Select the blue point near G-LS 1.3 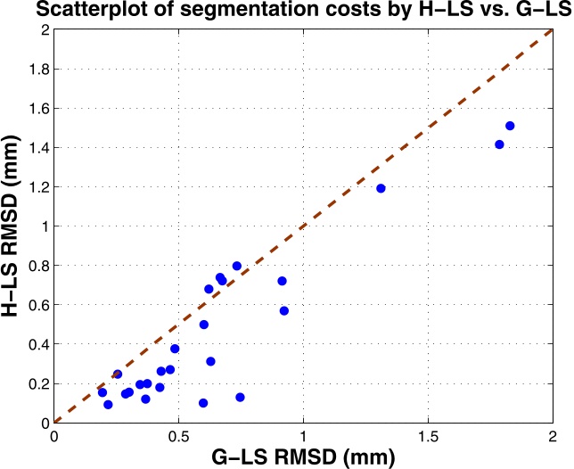pos(381,188)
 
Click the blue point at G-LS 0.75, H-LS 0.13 pos(240,397)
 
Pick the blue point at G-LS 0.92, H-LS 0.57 pos(284,310)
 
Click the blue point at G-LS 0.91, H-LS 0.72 pos(282,281)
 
